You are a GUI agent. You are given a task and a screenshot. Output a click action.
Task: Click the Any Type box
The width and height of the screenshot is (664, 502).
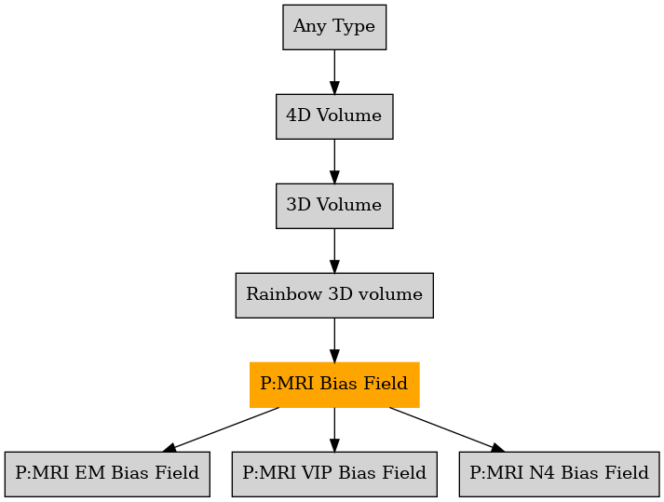point(334,27)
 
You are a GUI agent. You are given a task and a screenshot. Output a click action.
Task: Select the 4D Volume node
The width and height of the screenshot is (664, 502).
point(334,116)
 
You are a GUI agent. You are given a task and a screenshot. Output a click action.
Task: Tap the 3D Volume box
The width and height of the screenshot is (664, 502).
point(334,206)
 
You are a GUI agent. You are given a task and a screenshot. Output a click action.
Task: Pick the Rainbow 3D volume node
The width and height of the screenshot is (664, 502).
point(334,295)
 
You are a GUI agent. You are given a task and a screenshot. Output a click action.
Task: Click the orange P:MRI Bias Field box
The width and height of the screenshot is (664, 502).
point(334,385)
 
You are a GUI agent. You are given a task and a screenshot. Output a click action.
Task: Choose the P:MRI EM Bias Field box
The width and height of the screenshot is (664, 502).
point(107,474)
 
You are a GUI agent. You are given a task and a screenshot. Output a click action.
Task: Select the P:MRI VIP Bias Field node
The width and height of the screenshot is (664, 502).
point(334,474)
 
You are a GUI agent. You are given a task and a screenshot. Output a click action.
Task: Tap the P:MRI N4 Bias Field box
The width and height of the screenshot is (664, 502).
point(559,474)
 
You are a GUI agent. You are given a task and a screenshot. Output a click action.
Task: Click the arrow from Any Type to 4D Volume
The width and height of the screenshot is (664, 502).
point(334,72)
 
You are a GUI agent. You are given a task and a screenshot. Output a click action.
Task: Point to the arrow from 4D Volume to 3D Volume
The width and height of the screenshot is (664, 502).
point(334,161)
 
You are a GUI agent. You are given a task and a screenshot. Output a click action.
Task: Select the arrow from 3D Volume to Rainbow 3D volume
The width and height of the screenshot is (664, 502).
point(334,251)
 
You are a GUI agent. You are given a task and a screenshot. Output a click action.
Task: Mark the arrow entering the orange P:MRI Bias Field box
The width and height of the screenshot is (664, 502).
point(334,340)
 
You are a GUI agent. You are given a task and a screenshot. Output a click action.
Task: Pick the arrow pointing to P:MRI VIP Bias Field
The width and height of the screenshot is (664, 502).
point(334,429)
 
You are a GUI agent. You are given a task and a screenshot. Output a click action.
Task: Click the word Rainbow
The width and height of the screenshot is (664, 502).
point(284,294)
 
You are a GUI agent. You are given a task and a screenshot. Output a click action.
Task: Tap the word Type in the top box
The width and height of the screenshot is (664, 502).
point(354,27)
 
